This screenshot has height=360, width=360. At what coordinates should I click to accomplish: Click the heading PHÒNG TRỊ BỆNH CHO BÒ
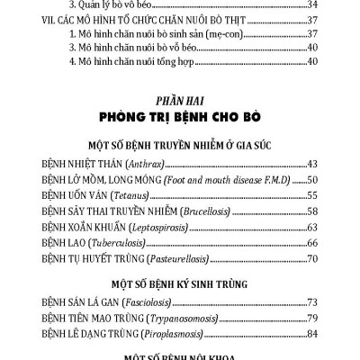[181, 116]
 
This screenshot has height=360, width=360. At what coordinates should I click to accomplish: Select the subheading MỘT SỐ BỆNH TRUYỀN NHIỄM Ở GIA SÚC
[181, 145]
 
